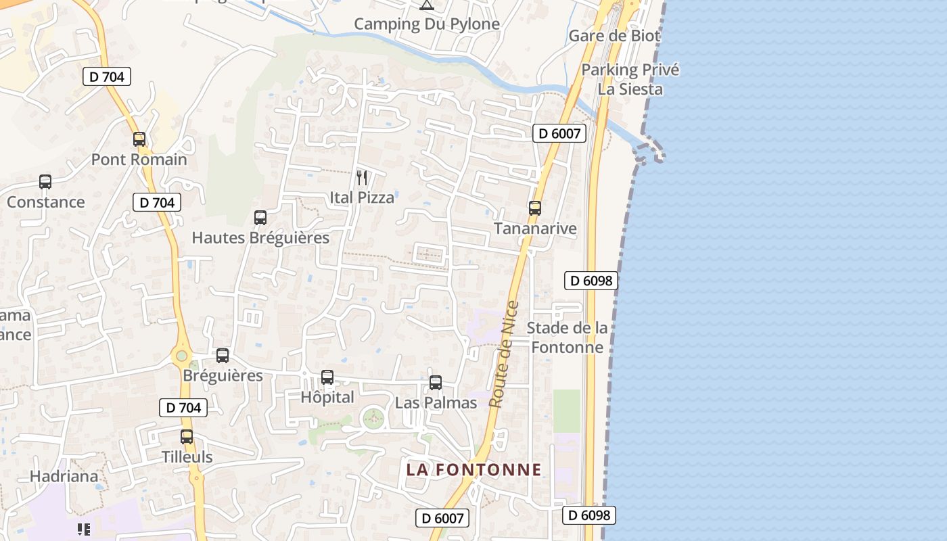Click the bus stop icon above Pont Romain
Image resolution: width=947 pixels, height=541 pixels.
click(139, 139)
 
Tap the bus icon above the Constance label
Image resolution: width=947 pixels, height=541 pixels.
click(45, 182)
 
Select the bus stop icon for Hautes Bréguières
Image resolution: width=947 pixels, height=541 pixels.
click(260, 218)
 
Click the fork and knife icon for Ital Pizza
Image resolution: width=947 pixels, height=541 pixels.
click(362, 178)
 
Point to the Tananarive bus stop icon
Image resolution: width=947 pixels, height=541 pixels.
click(535, 208)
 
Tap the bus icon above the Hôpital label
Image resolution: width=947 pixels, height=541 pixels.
click(327, 377)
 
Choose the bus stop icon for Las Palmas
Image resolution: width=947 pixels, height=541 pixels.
click(436, 383)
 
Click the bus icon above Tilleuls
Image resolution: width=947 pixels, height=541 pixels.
click(187, 437)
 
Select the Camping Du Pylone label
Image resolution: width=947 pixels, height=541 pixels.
click(427, 24)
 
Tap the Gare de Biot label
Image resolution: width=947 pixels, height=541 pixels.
click(614, 36)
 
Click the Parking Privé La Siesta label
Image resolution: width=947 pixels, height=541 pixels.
click(630, 79)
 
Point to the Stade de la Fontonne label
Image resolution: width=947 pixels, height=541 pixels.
click(567, 337)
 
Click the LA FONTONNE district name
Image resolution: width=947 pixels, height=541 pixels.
click(473, 469)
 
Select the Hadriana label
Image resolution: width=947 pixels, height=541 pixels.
click(64, 476)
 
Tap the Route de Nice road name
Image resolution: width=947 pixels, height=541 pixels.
click(504, 354)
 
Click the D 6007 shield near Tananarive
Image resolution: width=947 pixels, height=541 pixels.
click(559, 133)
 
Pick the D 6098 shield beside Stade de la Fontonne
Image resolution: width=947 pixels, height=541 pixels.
click(591, 280)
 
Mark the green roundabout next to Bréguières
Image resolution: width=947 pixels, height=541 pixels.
click(181, 355)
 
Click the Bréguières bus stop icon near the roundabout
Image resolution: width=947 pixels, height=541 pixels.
click(223, 356)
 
